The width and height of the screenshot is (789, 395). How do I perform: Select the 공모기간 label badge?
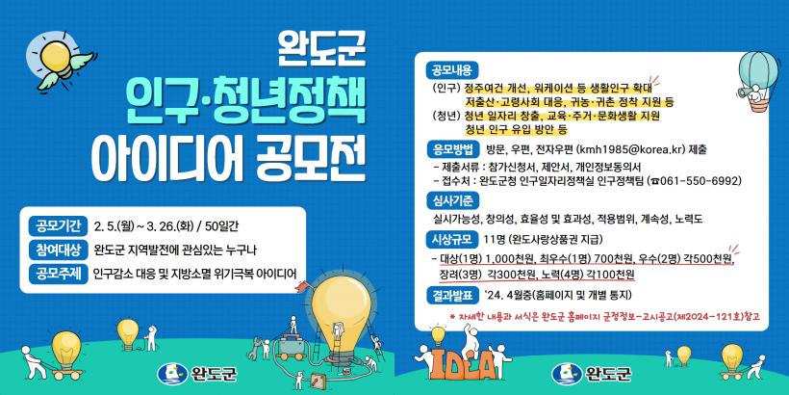coord(56,225)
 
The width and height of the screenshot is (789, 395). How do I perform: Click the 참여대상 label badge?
coord(56,250)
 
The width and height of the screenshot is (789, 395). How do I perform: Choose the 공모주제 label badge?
coord(56,273)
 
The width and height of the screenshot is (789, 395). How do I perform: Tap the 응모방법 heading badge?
coord(452,149)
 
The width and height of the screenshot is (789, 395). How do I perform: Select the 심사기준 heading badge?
coord(452,202)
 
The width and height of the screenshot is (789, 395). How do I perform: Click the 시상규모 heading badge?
coord(452,239)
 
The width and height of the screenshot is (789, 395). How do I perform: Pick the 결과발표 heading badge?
coord(452,295)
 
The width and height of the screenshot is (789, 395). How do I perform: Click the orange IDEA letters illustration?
coord(454,362)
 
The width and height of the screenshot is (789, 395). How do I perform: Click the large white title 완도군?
coord(321,49)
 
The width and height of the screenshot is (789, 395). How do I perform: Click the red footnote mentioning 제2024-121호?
coord(604,317)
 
